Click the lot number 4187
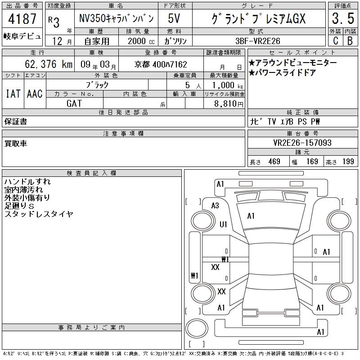click(22, 18)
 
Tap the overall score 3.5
click(343, 18)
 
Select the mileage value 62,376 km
click(49, 64)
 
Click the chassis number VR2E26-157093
click(302, 143)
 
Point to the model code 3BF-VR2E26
click(258, 41)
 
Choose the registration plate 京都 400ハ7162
click(161, 64)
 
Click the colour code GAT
click(74, 103)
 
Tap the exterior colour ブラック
click(97, 85)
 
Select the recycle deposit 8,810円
click(229, 104)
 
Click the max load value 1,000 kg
click(228, 85)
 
